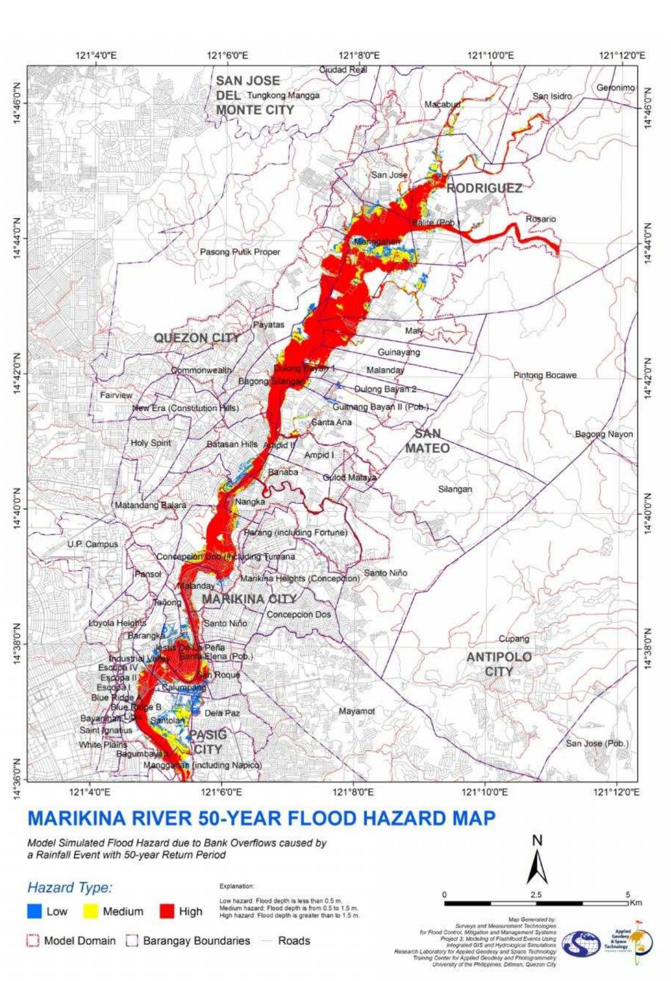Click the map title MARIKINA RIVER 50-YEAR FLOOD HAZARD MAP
coord(261,818)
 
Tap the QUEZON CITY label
coord(197,338)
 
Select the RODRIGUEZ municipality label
coord(484,188)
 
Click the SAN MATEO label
coord(427,441)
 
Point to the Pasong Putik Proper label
coord(240,252)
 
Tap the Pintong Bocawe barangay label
coord(545,375)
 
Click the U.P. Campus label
coord(92,544)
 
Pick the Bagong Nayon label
coord(604,434)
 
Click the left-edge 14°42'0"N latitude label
coord(17,373)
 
